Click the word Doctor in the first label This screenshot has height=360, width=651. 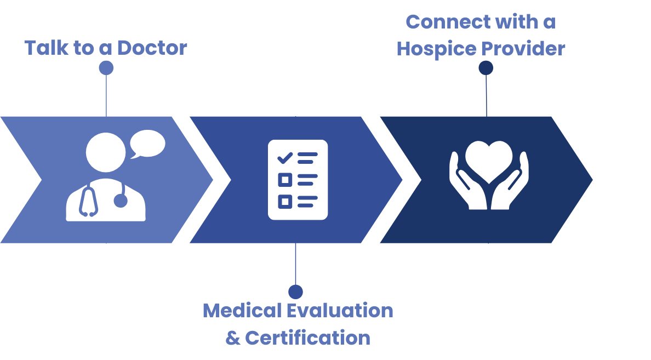point(152,48)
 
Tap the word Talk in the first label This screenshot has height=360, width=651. point(43,48)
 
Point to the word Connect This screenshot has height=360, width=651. point(448,22)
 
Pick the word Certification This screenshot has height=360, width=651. point(307,338)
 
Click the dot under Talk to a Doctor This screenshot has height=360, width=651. point(106,68)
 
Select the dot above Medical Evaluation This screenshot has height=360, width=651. point(295,292)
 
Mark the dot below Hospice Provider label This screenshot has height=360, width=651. point(486,68)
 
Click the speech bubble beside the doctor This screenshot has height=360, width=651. point(147,144)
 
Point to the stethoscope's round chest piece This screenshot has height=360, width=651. point(121,201)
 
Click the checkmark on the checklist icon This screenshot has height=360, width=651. point(285,158)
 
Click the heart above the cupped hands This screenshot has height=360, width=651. point(489,161)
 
